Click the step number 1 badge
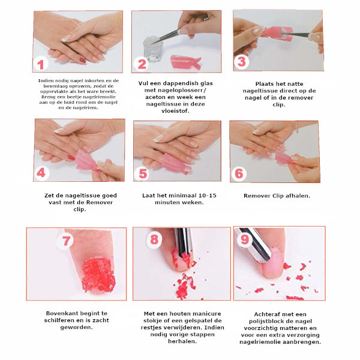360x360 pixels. click(41, 64)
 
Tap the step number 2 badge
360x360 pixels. click(142, 64)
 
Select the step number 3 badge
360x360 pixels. click(242, 62)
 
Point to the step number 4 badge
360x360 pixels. click(41, 173)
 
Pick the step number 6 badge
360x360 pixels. click(239, 173)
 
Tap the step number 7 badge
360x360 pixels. click(65, 241)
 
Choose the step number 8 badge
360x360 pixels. click(154, 239)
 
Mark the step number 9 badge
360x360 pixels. click(245, 239)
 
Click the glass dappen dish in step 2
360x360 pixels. click(152, 49)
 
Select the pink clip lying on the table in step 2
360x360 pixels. click(186, 62)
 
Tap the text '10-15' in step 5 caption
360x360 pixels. click(208, 196)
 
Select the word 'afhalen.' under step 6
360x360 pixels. click(298, 196)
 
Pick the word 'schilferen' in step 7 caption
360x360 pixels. click(59, 320)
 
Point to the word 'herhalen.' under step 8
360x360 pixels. click(182, 341)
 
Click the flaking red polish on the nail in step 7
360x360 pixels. click(98, 275)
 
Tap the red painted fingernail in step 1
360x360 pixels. click(82, 61)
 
